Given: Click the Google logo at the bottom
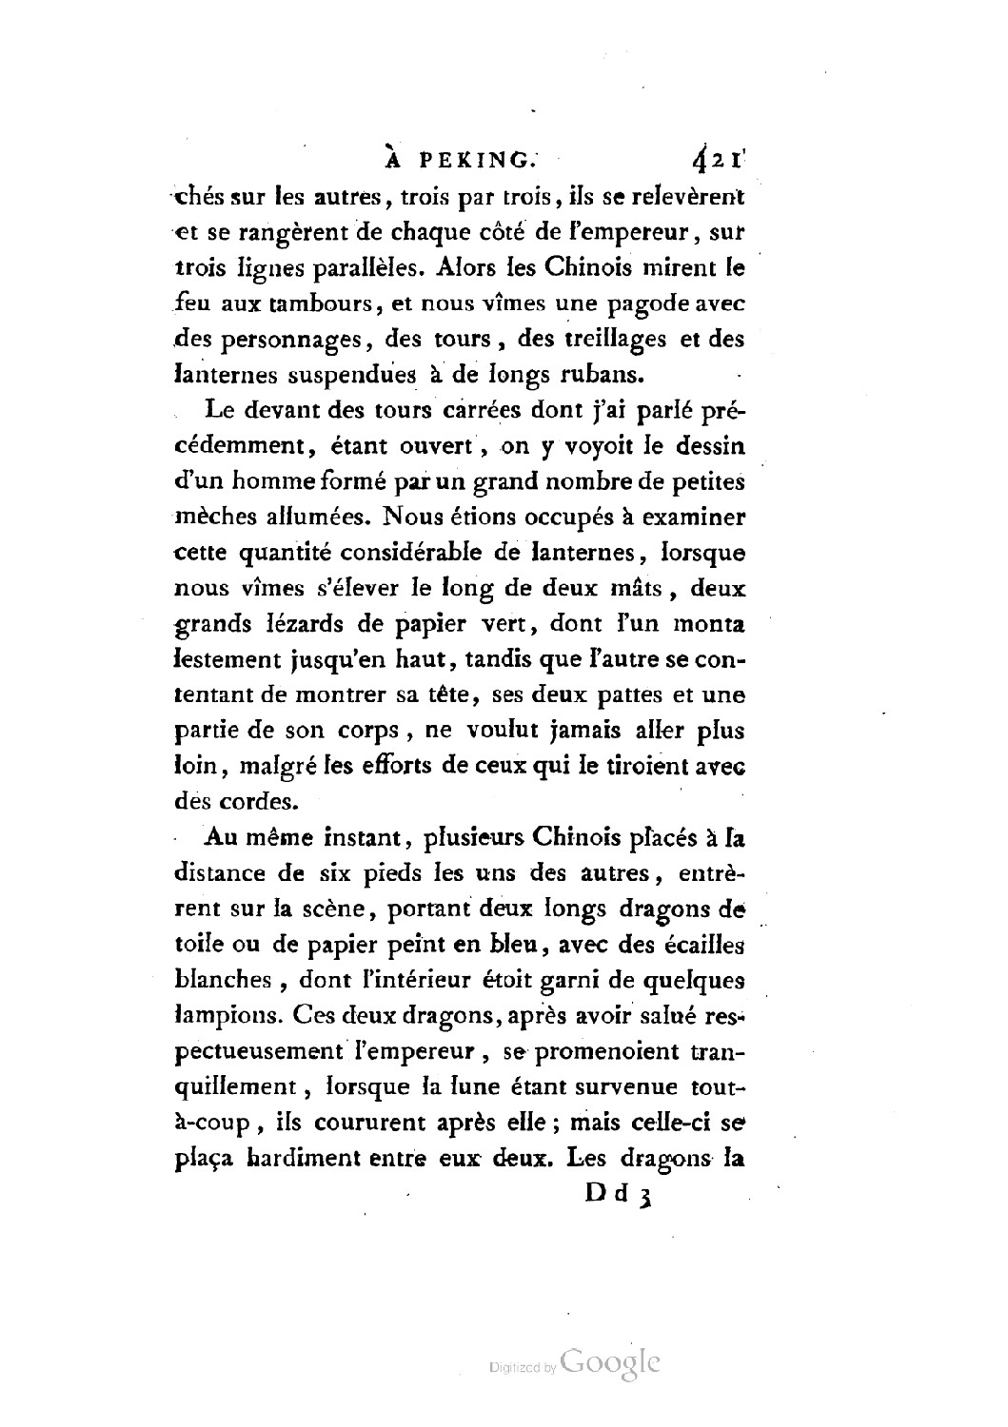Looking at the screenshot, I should click(x=611, y=1362).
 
